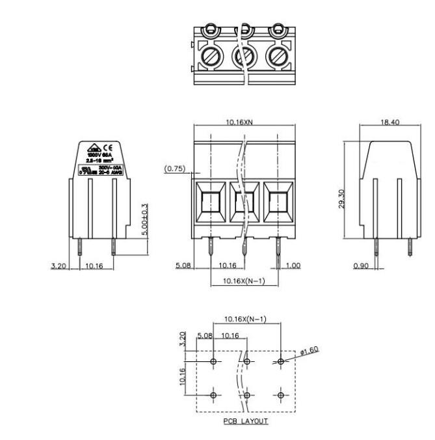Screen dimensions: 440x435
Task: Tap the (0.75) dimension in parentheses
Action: tap(175, 168)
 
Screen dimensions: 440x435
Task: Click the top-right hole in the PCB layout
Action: tap(280, 361)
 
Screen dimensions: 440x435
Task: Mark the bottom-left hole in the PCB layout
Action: tap(214, 394)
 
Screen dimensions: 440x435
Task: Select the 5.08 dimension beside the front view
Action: tap(183, 266)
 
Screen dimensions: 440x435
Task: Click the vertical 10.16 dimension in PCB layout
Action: tap(183, 378)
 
